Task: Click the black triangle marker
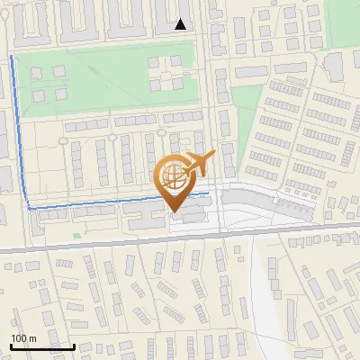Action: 181,24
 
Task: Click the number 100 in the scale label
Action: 19,338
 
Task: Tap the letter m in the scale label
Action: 32,338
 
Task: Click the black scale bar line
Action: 41,346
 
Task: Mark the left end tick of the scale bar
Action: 10,344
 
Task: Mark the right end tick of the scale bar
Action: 74,344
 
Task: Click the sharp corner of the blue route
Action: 29,208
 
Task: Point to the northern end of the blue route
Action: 11,57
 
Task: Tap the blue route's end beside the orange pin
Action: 208,193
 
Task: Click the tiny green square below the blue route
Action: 76,236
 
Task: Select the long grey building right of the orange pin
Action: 270,203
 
